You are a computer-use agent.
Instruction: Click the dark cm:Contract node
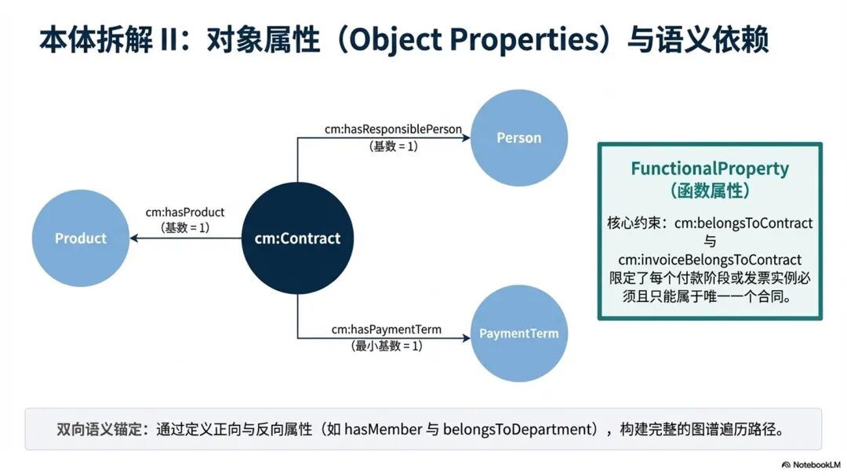pyautogui.click(x=297, y=238)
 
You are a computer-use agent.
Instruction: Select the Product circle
pyautogui.click(x=81, y=238)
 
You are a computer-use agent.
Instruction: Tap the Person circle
pyautogui.click(x=518, y=138)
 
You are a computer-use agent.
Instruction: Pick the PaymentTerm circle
pyautogui.click(x=518, y=333)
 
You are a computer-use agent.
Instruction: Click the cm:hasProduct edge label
pyautogui.click(x=185, y=213)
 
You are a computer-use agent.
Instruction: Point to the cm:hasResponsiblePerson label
pyautogui.click(x=393, y=129)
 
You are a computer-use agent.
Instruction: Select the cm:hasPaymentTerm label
pyautogui.click(x=386, y=330)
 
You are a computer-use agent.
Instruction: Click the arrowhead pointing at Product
pyautogui.click(x=135, y=238)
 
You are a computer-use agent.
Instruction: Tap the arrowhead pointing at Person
pyautogui.click(x=466, y=138)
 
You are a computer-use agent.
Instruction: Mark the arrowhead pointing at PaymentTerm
pyautogui.click(x=466, y=338)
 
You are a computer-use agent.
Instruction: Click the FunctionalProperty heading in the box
pyautogui.click(x=710, y=169)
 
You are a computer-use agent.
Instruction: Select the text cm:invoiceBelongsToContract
pyautogui.click(x=710, y=259)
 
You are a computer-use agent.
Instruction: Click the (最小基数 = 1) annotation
pyautogui.click(x=386, y=345)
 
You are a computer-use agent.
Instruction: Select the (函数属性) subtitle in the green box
pyautogui.click(x=710, y=191)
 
